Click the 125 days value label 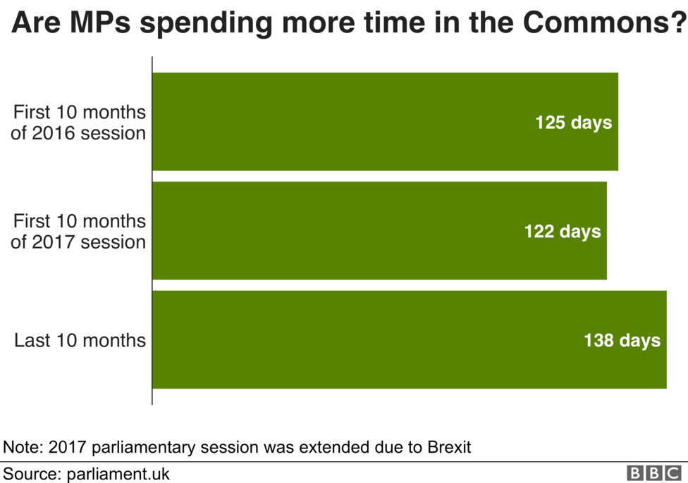[x=573, y=123]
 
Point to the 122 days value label [x=562, y=231]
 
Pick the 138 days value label [x=622, y=340]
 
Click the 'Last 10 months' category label [x=80, y=340]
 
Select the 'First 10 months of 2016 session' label [x=78, y=123]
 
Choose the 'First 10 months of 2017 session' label [x=78, y=231]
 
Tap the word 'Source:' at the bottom [x=29, y=472]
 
